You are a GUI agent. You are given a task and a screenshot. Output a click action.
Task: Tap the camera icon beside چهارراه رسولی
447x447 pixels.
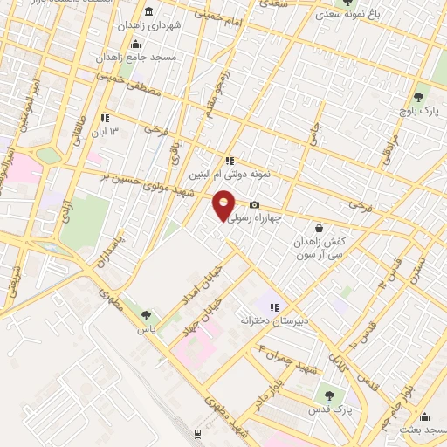pos(255,205)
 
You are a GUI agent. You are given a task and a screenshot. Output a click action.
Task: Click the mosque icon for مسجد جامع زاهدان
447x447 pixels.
pos(134,45)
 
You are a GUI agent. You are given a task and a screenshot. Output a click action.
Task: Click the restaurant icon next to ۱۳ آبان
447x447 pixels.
pos(106,118)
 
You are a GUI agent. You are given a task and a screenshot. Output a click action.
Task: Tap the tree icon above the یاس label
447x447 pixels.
pos(146,316)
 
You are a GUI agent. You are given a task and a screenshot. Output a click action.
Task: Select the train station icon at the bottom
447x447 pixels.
pos(198,433)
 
